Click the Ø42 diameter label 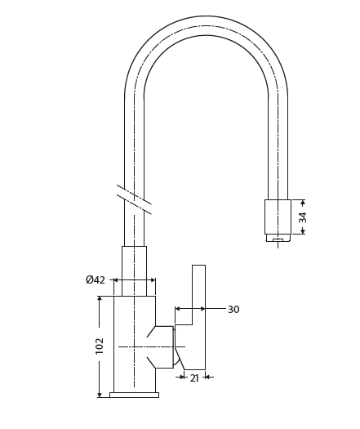(96, 280)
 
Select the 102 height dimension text (100, 346)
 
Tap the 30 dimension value (233, 310)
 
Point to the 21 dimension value (194, 378)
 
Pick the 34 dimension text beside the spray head (303, 217)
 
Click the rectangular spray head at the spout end (278, 217)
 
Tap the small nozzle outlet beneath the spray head (278, 239)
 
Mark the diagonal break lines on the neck (134, 199)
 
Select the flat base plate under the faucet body (134, 395)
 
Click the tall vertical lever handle (198, 315)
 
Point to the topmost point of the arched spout (206, 16)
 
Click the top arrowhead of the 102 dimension (100, 299)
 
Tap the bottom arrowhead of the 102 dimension (100, 394)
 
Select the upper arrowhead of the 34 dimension (303, 203)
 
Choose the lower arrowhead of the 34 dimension (303, 231)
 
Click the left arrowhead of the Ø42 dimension (116, 280)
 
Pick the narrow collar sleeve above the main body (134, 270)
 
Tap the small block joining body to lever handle (164, 346)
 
